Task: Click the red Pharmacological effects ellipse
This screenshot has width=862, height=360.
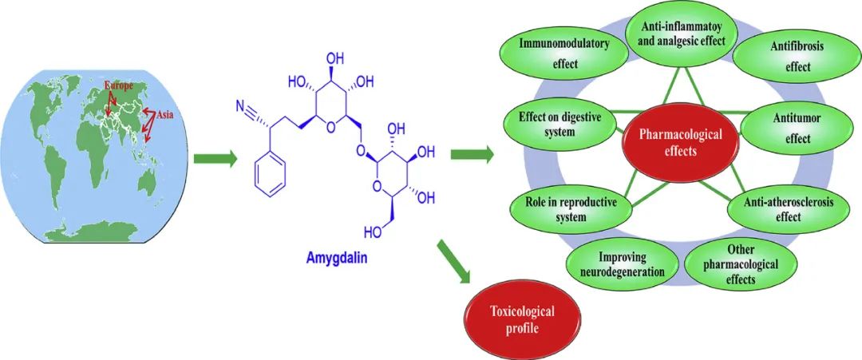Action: pyautogui.click(x=674, y=142)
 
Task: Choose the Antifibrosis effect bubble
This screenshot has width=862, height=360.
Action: pyautogui.click(x=786, y=57)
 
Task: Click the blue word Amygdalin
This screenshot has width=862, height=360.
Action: pyautogui.click(x=336, y=259)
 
